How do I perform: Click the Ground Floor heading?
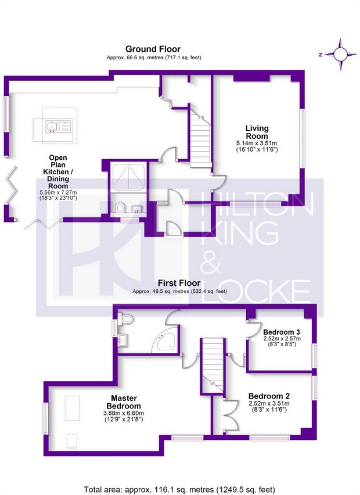click(153, 49)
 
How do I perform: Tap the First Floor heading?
click(179, 282)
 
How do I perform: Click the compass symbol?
click(340, 54)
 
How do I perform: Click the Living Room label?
click(257, 132)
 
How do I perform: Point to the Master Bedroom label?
click(124, 402)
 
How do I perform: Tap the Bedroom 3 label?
click(282, 332)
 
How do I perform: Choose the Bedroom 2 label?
click(269, 396)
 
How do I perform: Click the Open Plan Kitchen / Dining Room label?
click(58, 172)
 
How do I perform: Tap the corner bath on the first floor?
click(164, 343)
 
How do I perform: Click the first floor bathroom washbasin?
click(123, 340)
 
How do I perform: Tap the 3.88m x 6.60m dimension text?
click(124, 414)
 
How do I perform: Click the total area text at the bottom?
click(179, 490)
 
